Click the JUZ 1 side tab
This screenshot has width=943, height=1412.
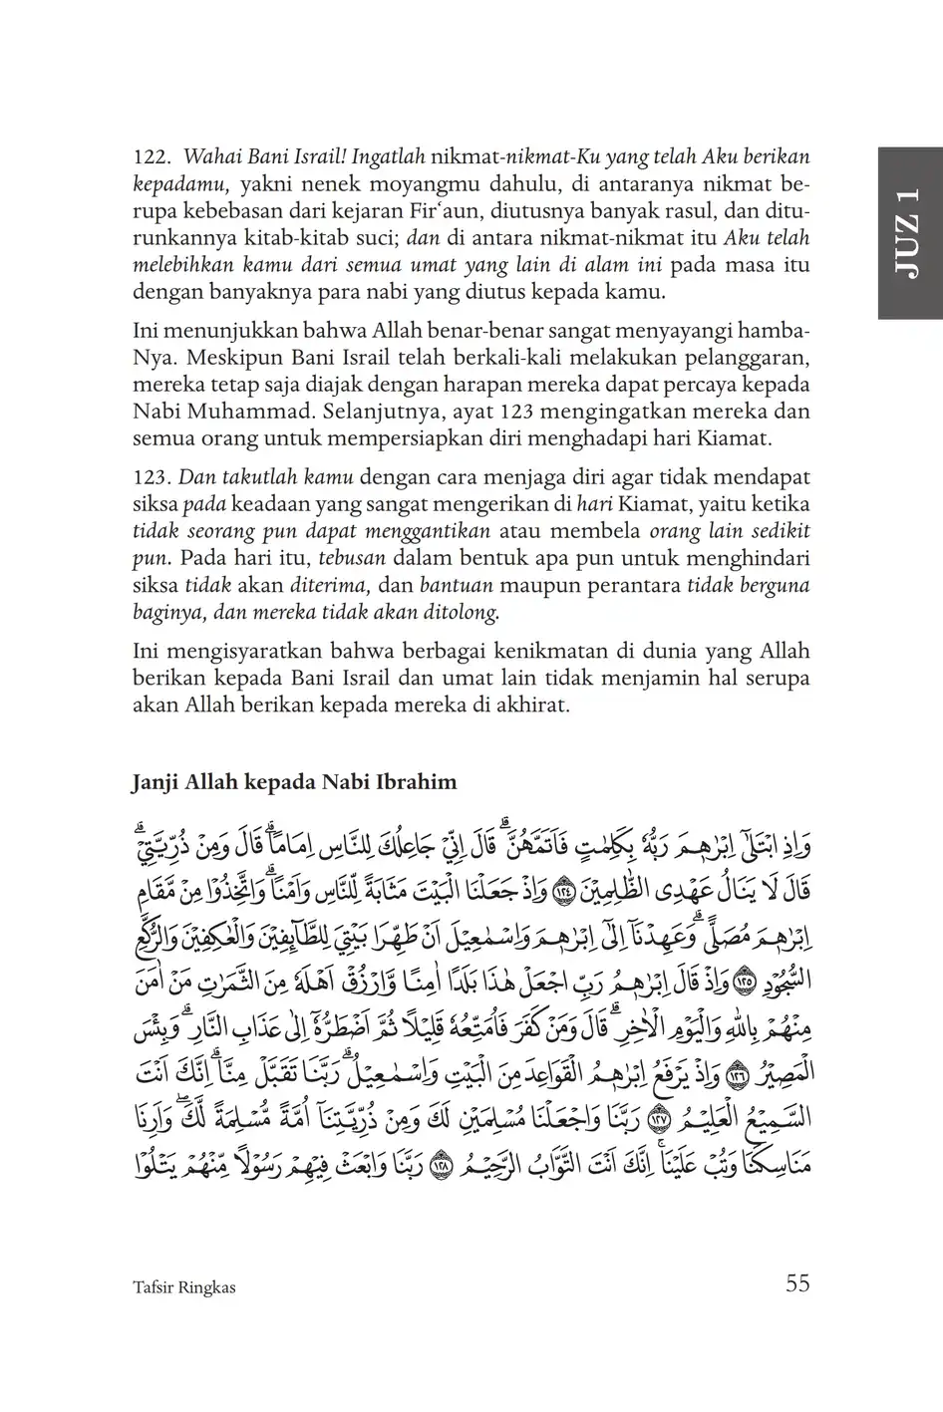[x=909, y=233]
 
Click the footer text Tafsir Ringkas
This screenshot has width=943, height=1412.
[x=183, y=1286]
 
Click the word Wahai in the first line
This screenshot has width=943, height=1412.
[x=210, y=157]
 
